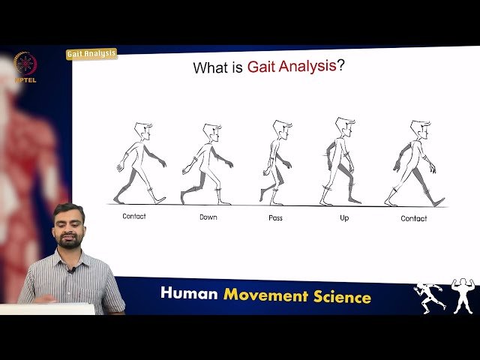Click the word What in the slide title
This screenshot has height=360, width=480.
pyautogui.click(x=211, y=68)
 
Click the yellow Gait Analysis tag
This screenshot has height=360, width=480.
pyautogui.click(x=91, y=54)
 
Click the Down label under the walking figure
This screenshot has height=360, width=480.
pyautogui.click(x=208, y=217)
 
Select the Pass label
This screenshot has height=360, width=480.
pyautogui.click(x=275, y=217)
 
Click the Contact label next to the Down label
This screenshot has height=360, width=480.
pyautogui.click(x=134, y=216)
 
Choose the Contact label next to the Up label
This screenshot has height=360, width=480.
pyautogui.click(x=413, y=218)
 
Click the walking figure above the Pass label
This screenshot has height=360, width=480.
pyautogui.click(x=277, y=162)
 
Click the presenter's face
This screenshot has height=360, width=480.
pyautogui.click(x=70, y=226)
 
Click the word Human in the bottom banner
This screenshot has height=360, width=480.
pyautogui.click(x=188, y=295)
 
